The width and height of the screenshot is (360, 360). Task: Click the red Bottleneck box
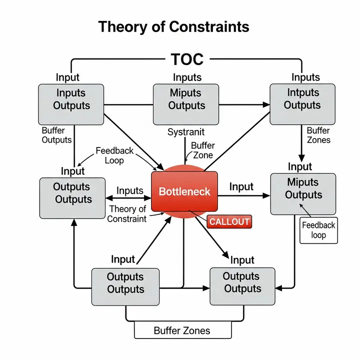point(184,191)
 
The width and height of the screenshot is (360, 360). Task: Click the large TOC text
point(187,59)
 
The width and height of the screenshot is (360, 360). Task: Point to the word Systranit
point(186,132)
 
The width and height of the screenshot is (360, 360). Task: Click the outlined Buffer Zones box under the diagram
point(182,330)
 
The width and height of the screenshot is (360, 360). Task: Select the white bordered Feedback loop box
point(318,230)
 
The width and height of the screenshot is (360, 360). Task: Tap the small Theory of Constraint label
point(127,214)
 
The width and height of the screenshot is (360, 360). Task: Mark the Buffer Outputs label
point(56,135)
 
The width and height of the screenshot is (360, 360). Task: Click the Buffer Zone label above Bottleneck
point(202,150)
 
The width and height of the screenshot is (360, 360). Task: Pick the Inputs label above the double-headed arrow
point(130,190)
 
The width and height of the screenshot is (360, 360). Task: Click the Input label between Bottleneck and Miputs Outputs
point(241,186)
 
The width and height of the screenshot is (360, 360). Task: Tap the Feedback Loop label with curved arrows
point(114,155)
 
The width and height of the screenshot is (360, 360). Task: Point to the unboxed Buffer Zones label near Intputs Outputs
point(318,135)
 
